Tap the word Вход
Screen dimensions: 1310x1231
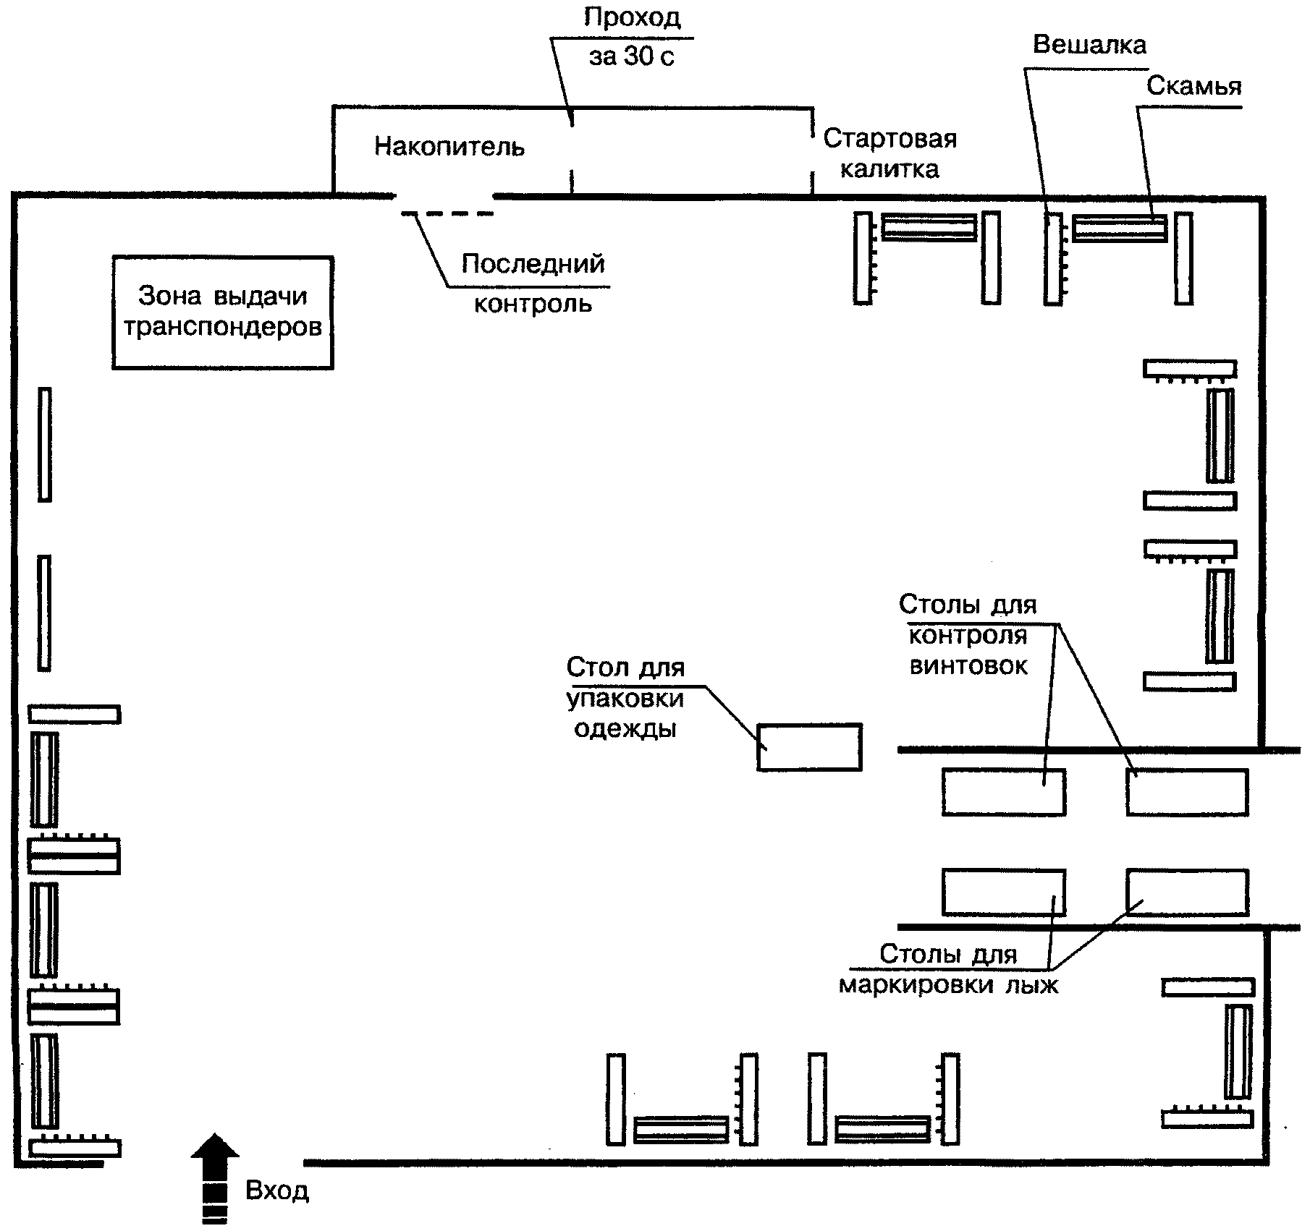click(277, 1191)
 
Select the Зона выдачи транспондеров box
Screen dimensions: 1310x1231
click(223, 312)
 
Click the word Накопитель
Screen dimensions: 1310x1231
click(449, 147)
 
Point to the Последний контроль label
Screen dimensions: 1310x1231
click(533, 283)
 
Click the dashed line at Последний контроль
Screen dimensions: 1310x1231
click(447, 213)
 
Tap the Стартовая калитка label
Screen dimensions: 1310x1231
click(890, 153)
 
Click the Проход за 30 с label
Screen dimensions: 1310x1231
click(632, 37)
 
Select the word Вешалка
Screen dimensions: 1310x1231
click(1089, 45)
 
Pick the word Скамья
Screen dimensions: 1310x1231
click(1194, 87)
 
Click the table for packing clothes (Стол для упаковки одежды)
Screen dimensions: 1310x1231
click(809, 747)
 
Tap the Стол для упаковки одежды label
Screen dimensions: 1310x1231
click(625, 697)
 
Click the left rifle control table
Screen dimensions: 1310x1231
click(1004, 792)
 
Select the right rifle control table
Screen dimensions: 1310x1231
click(1188, 792)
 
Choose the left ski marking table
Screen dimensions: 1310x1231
click(1004, 893)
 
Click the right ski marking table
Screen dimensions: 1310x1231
click(1188, 893)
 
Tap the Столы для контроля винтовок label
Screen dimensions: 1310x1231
click(968, 635)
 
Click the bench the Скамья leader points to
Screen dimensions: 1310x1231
click(1120, 229)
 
